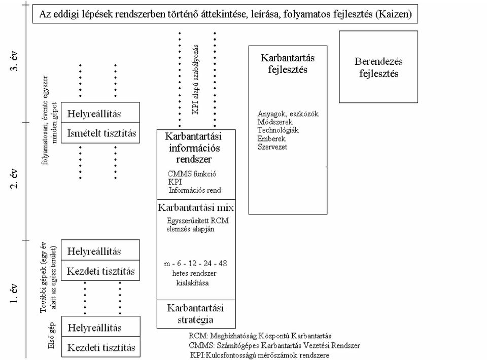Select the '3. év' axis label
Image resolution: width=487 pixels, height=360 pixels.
coord(15,60)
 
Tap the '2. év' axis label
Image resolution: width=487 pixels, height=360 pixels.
coord(15,178)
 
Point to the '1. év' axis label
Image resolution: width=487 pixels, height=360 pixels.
coord(15,293)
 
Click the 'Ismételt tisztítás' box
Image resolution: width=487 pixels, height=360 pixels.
coord(100,133)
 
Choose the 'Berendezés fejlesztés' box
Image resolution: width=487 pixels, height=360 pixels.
coord(378,67)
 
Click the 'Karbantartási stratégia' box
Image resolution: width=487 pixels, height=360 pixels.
coord(196,314)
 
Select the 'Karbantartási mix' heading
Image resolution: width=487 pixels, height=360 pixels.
coord(196,207)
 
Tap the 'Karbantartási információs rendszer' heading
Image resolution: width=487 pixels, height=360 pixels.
coord(194,148)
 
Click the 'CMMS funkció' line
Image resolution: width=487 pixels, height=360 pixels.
coord(192,174)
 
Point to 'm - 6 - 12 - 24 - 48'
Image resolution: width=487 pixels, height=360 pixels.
coord(195,264)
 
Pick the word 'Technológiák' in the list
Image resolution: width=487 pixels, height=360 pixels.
coord(278,130)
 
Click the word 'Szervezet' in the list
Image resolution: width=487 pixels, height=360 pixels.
coord(272,147)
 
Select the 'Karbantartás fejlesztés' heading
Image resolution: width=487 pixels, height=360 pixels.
coord(288,63)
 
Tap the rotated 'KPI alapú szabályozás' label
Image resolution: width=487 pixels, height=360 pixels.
coord(195,80)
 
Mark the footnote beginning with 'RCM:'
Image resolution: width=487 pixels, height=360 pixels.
coord(260,336)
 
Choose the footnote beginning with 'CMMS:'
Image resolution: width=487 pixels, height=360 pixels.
coord(274,345)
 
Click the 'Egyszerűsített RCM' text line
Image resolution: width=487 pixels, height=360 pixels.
coord(197,221)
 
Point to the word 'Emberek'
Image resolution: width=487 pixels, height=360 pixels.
coord(271,138)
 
